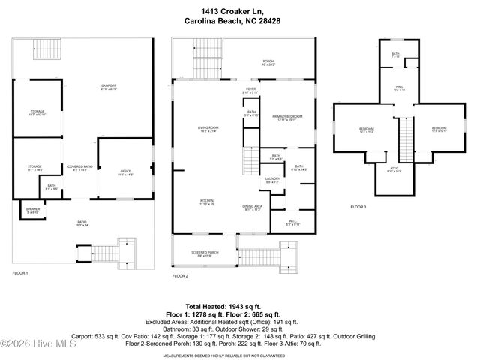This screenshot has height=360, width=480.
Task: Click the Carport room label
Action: [x=109, y=87]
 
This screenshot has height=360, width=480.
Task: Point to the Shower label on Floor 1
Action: [x=33, y=210]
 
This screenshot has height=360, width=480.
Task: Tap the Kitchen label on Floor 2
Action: [x=207, y=202]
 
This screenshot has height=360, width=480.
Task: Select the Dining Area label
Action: [x=252, y=208]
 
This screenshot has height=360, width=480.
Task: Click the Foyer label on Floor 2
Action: [x=251, y=91]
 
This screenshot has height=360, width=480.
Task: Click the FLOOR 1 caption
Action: [x=20, y=272]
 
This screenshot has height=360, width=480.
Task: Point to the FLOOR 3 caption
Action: [x=358, y=207]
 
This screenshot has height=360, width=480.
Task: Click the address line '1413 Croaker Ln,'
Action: [x=239, y=11]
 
